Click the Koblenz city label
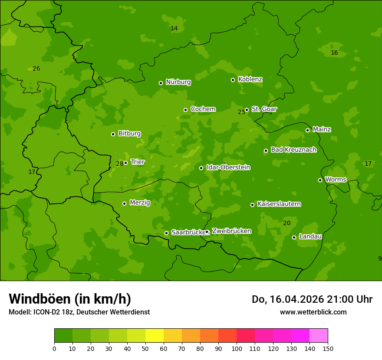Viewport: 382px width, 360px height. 250,79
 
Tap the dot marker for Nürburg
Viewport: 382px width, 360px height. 161,83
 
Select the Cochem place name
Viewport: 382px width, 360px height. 203,109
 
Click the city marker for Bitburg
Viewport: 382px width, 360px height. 113,134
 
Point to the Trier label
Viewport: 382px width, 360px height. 138,162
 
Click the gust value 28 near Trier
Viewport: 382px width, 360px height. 119,164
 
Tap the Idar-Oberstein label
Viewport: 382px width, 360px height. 228,167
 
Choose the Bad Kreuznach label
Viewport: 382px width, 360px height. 293,150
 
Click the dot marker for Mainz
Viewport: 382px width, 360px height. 307,130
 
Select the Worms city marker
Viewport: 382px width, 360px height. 320,180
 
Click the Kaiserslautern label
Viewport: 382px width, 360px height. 279,204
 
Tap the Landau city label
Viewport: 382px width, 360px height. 310,237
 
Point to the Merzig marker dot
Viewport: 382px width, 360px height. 124,203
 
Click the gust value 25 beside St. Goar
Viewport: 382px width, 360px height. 241,112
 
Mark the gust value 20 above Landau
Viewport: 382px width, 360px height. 286,223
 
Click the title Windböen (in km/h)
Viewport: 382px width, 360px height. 70,299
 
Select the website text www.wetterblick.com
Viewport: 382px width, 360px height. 313,312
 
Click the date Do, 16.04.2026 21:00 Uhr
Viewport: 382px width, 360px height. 312,299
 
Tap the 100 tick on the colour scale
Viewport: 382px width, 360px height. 237,348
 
